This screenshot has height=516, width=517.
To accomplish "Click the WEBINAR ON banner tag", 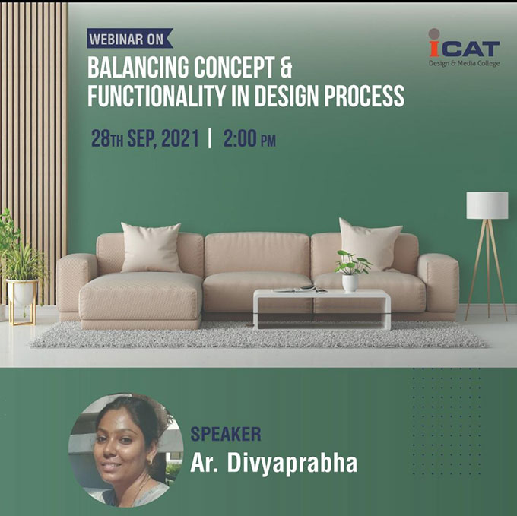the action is [x=130, y=39].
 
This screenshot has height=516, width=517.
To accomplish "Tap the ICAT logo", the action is [x=464, y=48].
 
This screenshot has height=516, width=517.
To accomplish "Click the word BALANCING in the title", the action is [x=138, y=67].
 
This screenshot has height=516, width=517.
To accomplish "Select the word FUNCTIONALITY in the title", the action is [x=157, y=96].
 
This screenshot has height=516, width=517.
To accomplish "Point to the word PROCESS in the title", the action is [x=364, y=96].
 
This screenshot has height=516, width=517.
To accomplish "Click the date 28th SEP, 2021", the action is [x=145, y=139].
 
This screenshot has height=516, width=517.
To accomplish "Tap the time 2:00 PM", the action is [x=249, y=139].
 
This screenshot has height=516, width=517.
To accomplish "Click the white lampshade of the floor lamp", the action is [x=487, y=205].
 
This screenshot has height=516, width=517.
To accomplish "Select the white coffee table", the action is [x=322, y=309].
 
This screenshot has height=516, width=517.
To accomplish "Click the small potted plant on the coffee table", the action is [x=351, y=271].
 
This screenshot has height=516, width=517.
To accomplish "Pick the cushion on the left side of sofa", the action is [x=151, y=247].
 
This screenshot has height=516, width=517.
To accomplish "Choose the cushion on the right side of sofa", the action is [x=370, y=244].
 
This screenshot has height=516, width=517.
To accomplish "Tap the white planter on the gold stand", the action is [x=22, y=293].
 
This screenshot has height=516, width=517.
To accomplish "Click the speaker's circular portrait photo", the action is [x=125, y=450].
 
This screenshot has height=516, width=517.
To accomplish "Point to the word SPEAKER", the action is [x=226, y=434].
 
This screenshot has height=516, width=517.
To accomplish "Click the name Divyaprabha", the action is [x=292, y=464].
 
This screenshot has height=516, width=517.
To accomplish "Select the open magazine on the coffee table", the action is [x=300, y=289].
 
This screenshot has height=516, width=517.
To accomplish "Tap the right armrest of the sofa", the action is [x=439, y=282].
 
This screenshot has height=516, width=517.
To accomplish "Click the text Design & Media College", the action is [x=465, y=63].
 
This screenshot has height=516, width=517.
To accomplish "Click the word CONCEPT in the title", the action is [x=234, y=67].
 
